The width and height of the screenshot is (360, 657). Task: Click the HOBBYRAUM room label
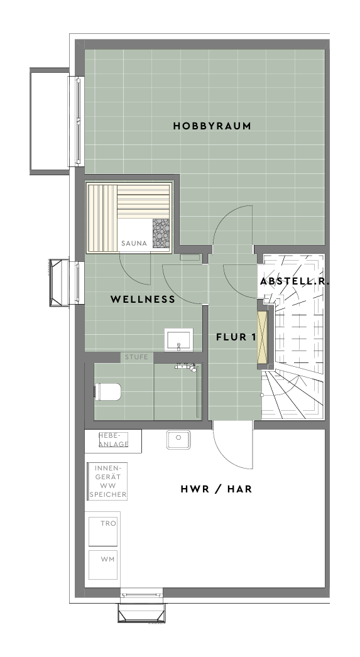(x=212, y=126)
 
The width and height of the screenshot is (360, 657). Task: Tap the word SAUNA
(x=134, y=243)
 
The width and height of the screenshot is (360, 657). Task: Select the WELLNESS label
(x=143, y=299)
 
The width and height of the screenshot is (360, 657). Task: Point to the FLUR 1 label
(x=236, y=337)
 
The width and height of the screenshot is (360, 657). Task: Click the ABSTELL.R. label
(x=295, y=281)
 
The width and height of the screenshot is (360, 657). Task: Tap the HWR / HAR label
(x=216, y=489)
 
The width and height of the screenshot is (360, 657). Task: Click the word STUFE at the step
(x=136, y=357)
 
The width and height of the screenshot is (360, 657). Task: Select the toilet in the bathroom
(x=107, y=392)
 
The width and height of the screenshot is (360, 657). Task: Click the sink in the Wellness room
(x=178, y=339)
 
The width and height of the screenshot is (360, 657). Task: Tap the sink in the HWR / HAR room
(x=178, y=439)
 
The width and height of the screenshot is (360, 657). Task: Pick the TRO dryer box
(x=102, y=531)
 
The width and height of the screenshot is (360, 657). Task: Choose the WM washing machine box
(x=102, y=565)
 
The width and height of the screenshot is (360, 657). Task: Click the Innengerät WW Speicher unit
(x=107, y=481)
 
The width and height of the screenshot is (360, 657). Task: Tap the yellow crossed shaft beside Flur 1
(x=263, y=337)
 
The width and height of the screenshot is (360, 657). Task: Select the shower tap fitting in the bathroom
(x=187, y=367)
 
